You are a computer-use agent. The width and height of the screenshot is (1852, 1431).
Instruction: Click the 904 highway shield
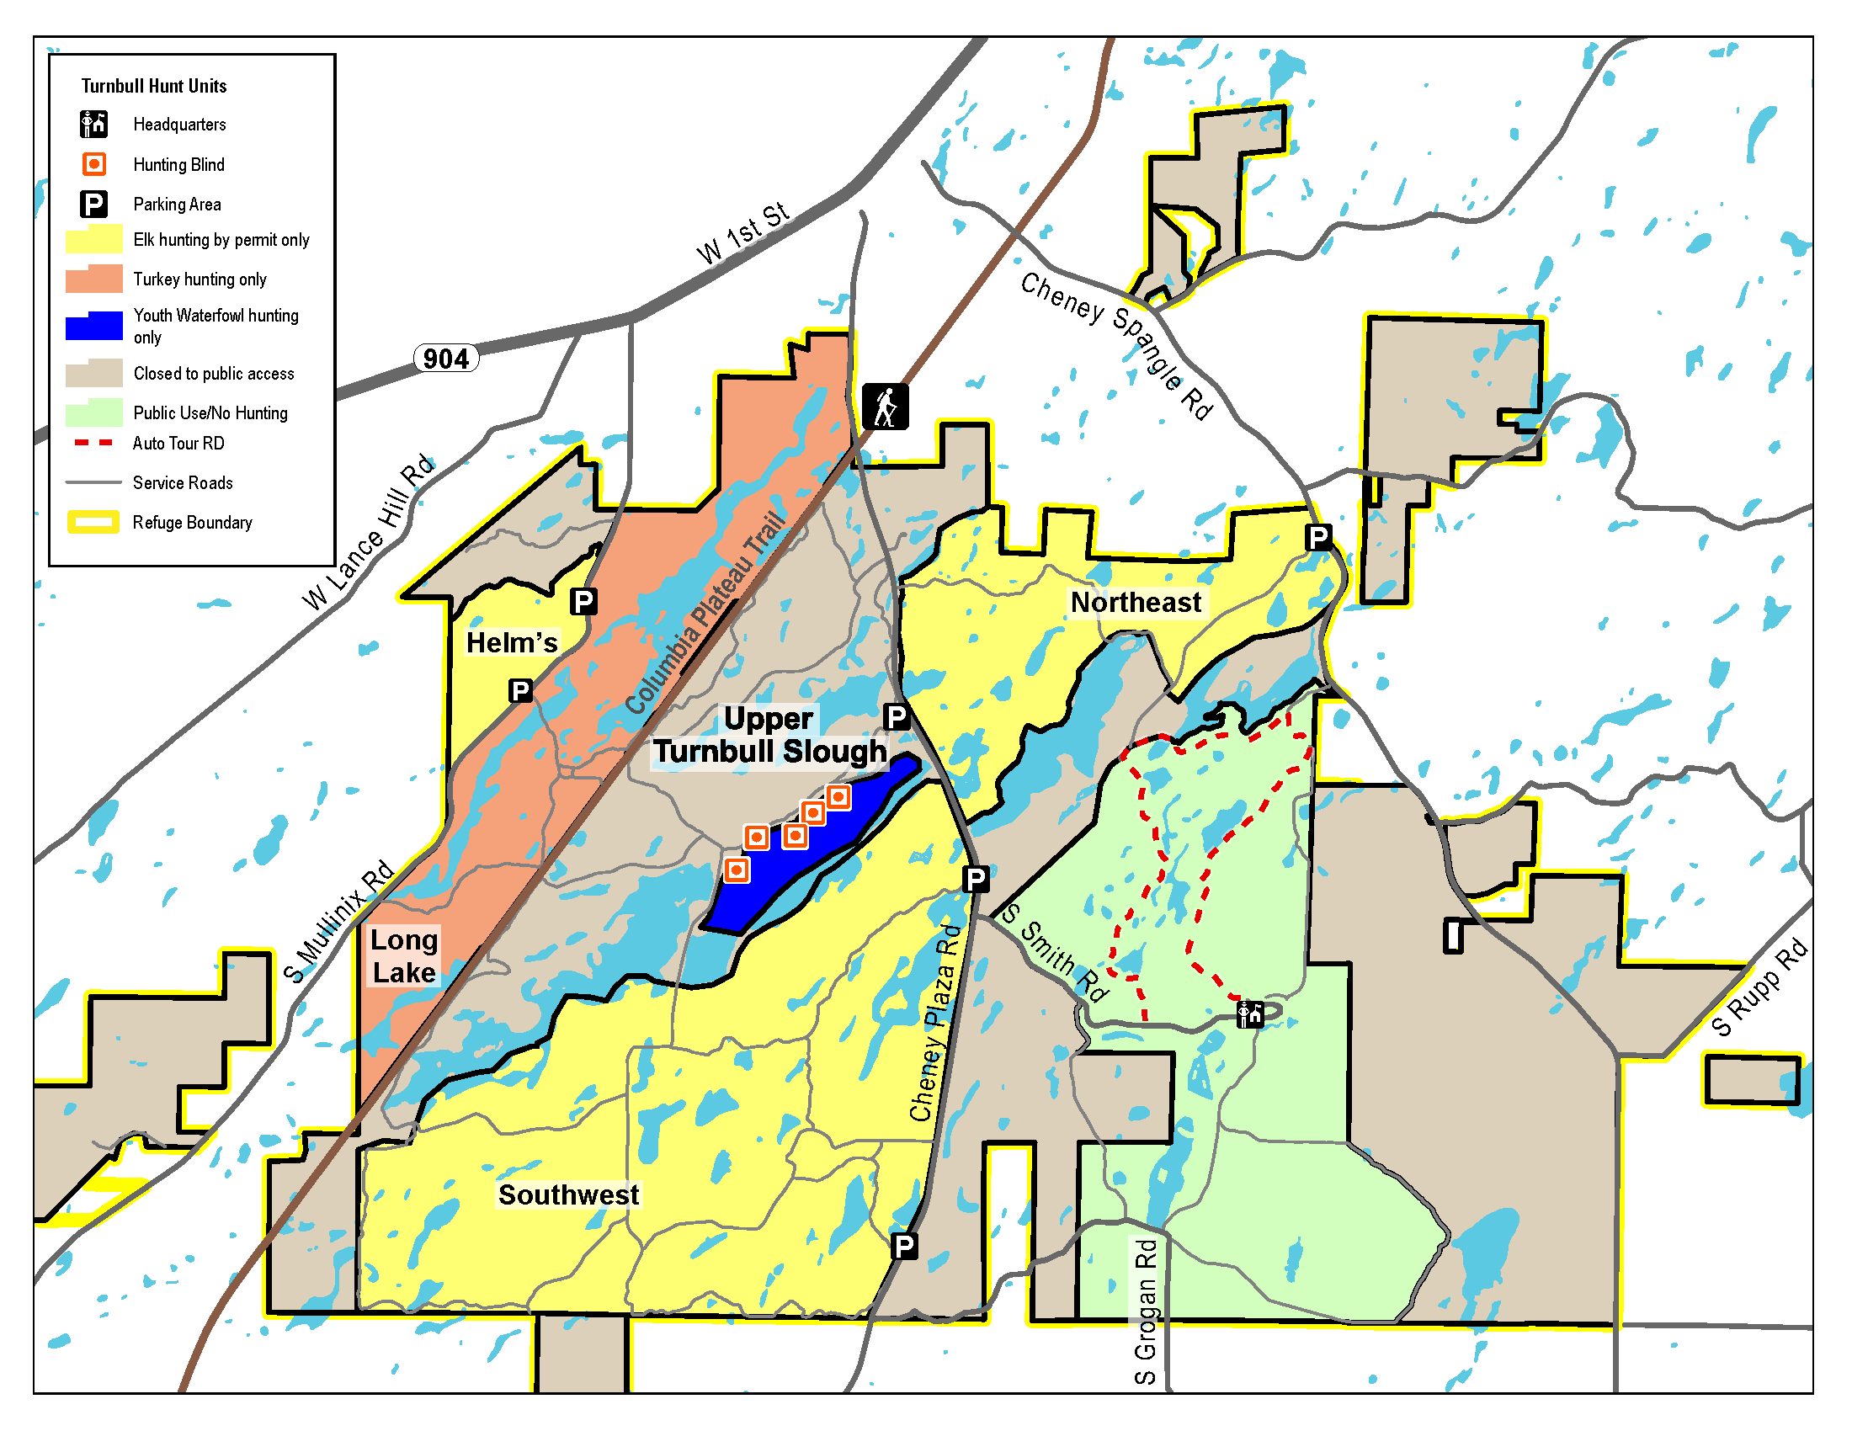click(x=446, y=359)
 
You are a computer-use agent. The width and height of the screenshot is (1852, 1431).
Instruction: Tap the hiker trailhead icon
click(x=885, y=406)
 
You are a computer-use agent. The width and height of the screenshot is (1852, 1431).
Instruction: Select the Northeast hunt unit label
click(x=1135, y=602)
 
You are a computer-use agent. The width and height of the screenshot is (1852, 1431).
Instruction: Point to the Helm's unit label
click(x=511, y=642)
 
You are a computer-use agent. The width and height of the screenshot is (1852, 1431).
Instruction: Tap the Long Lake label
click(x=403, y=955)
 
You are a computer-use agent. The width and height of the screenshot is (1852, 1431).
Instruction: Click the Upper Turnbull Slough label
click(x=769, y=735)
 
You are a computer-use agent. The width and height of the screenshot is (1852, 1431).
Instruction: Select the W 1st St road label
click(x=742, y=233)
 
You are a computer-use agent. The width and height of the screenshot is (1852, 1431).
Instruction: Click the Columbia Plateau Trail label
click(x=705, y=613)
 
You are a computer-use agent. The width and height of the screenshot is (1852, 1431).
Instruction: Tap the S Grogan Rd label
click(x=1145, y=1311)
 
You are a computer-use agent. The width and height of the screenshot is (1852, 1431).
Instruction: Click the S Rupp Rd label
click(x=1759, y=987)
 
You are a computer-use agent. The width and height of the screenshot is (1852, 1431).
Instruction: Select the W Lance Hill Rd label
click(x=368, y=533)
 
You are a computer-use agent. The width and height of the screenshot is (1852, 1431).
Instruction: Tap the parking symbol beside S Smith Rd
click(x=975, y=879)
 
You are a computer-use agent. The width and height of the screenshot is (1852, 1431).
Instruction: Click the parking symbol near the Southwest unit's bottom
click(x=904, y=1245)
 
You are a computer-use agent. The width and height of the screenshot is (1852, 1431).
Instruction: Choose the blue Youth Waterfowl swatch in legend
click(x=94, y=327)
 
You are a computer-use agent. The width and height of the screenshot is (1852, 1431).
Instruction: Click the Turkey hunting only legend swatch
click(x=94, y=279)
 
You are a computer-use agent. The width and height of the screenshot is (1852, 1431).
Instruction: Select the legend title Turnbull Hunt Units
click(x=153, y=86)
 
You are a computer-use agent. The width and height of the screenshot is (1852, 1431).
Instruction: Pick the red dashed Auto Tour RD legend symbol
click(x=93, y=443)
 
